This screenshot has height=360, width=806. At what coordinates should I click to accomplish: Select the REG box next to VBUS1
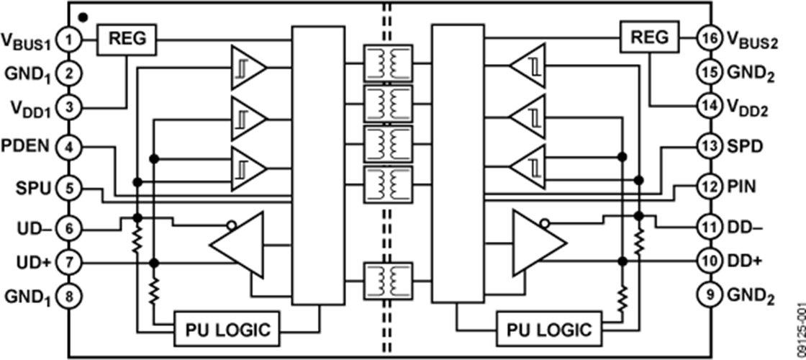pyautogui.click(x=127, y=37)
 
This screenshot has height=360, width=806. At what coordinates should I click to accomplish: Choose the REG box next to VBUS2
pyautogui.click(x=650, y=37)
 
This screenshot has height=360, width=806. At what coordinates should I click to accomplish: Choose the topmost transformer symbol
pyautogui.click(x=389, y=62)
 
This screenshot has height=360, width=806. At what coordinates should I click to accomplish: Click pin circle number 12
pyautogui.click(x=709, y=187)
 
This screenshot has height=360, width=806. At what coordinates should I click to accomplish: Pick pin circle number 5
pyautogui.click(x=69, y=189)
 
